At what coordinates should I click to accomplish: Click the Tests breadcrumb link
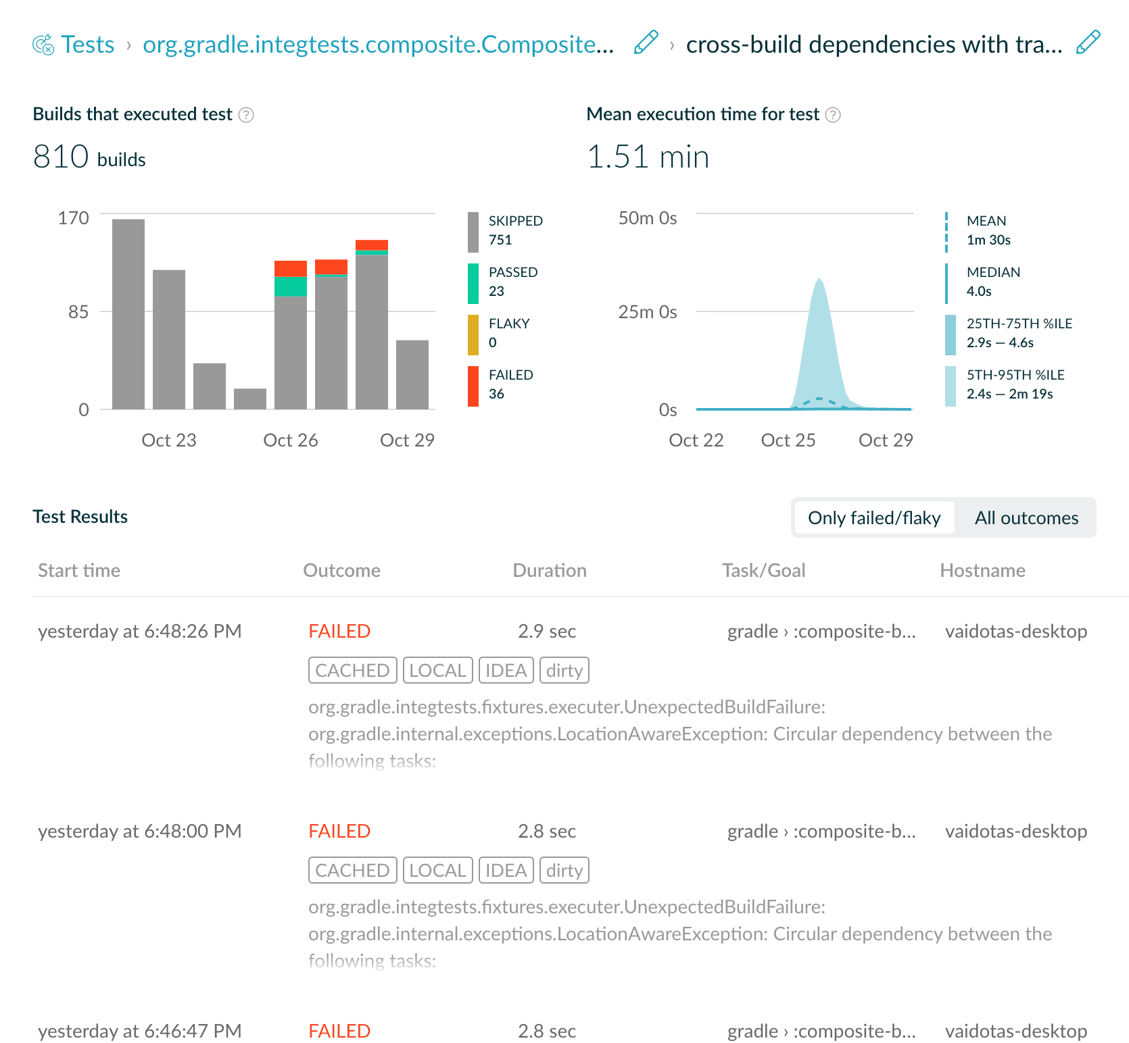coord(87,45)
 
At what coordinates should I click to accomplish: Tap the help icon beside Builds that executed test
coord(247,115)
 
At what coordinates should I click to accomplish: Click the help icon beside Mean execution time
coord(834,115)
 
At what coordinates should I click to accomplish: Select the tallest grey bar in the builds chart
coord(128,314)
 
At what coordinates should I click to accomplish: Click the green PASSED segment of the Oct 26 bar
coord(291,286)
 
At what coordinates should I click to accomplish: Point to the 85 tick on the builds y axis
coord(78,311)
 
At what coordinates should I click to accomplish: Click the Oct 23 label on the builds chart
coord(169,440)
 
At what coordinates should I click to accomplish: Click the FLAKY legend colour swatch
coord(473,335)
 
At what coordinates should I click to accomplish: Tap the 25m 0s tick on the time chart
coord(648,311)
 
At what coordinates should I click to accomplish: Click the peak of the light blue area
coord(819,278)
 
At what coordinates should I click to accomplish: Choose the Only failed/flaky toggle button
coord(874,518)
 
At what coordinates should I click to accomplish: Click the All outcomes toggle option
coord(1026,518)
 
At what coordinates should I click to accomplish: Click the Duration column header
coord(550,571)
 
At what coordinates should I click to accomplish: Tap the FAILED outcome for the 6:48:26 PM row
coord(339,631)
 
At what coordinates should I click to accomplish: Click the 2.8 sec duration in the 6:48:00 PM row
coord(547,831)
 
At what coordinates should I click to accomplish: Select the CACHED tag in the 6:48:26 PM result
coord(353,670)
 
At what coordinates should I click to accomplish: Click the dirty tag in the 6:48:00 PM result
coord(564,870)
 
